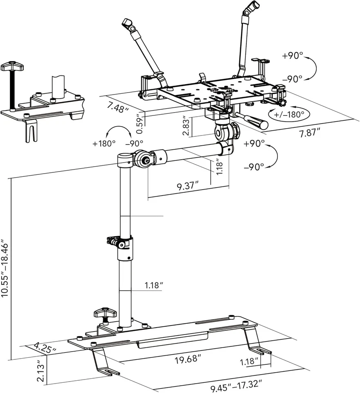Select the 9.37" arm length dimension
point(187,187)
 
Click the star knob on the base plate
point(105,314)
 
